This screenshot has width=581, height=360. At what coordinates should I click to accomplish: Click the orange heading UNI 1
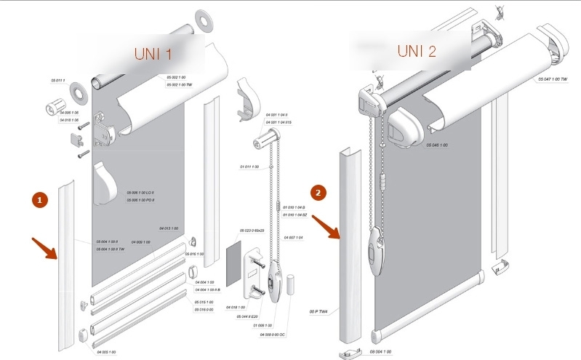153,53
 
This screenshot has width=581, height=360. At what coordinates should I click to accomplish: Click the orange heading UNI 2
417,51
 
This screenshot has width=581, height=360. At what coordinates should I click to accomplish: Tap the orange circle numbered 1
41,199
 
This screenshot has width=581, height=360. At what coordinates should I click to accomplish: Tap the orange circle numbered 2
318,193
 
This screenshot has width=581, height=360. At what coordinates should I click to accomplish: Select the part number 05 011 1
58,80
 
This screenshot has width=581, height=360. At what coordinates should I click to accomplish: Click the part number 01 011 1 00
249,167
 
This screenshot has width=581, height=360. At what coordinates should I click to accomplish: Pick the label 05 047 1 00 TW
553,79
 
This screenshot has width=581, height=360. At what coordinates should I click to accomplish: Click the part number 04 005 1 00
106,352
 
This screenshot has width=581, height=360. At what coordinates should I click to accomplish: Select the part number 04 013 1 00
169,228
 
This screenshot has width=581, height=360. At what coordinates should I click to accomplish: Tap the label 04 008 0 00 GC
273,335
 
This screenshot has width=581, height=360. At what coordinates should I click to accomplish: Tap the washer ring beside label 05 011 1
76,92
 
